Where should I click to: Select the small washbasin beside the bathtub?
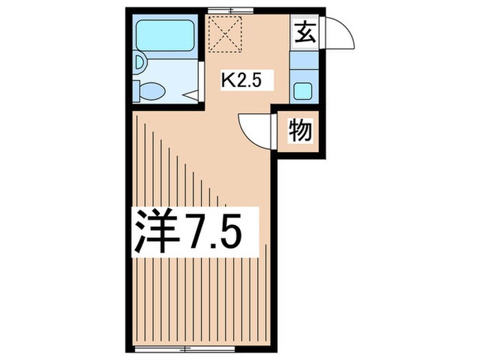[139, 64]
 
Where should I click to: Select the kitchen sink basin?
[302, 88]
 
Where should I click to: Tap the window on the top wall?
[231, 10]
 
